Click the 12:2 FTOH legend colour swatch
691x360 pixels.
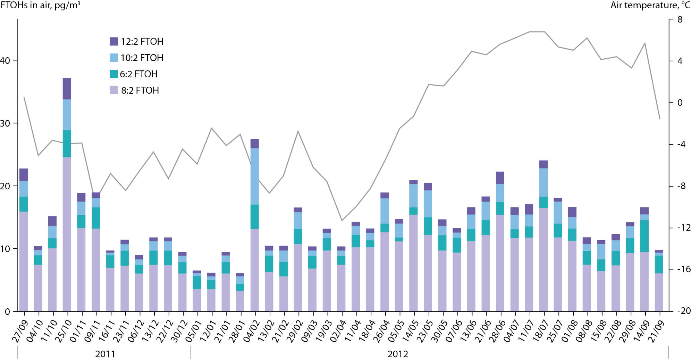113,42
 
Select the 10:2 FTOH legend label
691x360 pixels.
142,58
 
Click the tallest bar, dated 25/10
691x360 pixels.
67,194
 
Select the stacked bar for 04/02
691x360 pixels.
255,225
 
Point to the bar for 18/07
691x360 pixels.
543,236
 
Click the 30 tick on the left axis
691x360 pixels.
5,123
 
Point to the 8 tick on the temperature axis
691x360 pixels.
680,20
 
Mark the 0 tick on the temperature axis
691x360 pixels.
680,103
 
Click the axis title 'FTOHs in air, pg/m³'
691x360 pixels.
40,5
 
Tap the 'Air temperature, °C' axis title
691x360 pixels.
650,5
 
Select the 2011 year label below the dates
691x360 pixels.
105,354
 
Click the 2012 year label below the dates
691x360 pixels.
398,354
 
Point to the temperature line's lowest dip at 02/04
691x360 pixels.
342,220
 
